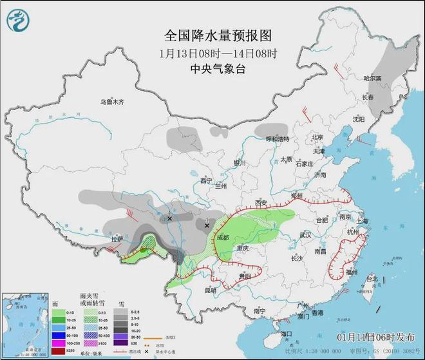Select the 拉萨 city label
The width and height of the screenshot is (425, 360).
pos(117,239)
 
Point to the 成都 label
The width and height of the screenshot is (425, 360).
pos(223,236)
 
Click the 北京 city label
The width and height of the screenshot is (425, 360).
pos(316,137)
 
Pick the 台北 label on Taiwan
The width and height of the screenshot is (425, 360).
pos(372,279)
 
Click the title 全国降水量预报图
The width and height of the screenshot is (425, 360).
pos(210,34)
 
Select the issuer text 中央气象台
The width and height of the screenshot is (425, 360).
pos(209,69)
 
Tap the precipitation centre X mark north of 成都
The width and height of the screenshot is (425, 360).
pos(207,225)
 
